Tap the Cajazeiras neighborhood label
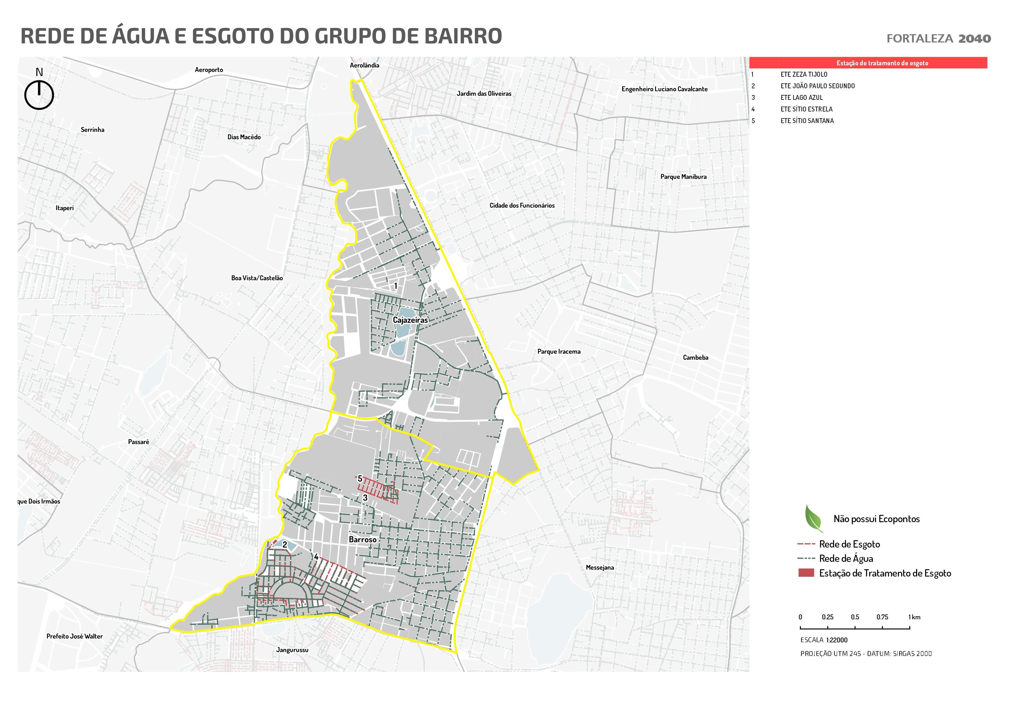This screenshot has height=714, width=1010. coord(410,320)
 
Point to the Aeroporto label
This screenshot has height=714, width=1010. coord(209,70)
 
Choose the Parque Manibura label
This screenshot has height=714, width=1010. coord(683,177)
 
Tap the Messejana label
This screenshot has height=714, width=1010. coord(600,567)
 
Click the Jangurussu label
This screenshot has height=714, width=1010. coord(292,650)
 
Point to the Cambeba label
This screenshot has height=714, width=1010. coord(695,357)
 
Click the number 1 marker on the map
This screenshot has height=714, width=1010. coord(396,286)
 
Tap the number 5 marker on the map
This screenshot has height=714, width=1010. coord(360,478)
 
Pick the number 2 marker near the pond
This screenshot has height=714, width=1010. coord(285,545)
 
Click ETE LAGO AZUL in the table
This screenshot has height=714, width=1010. coord(801,98)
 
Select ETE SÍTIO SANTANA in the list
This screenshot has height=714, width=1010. coord(807,121)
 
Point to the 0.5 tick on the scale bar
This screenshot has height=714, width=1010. coord(855,618)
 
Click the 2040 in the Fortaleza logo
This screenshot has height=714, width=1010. coord(974,39)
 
